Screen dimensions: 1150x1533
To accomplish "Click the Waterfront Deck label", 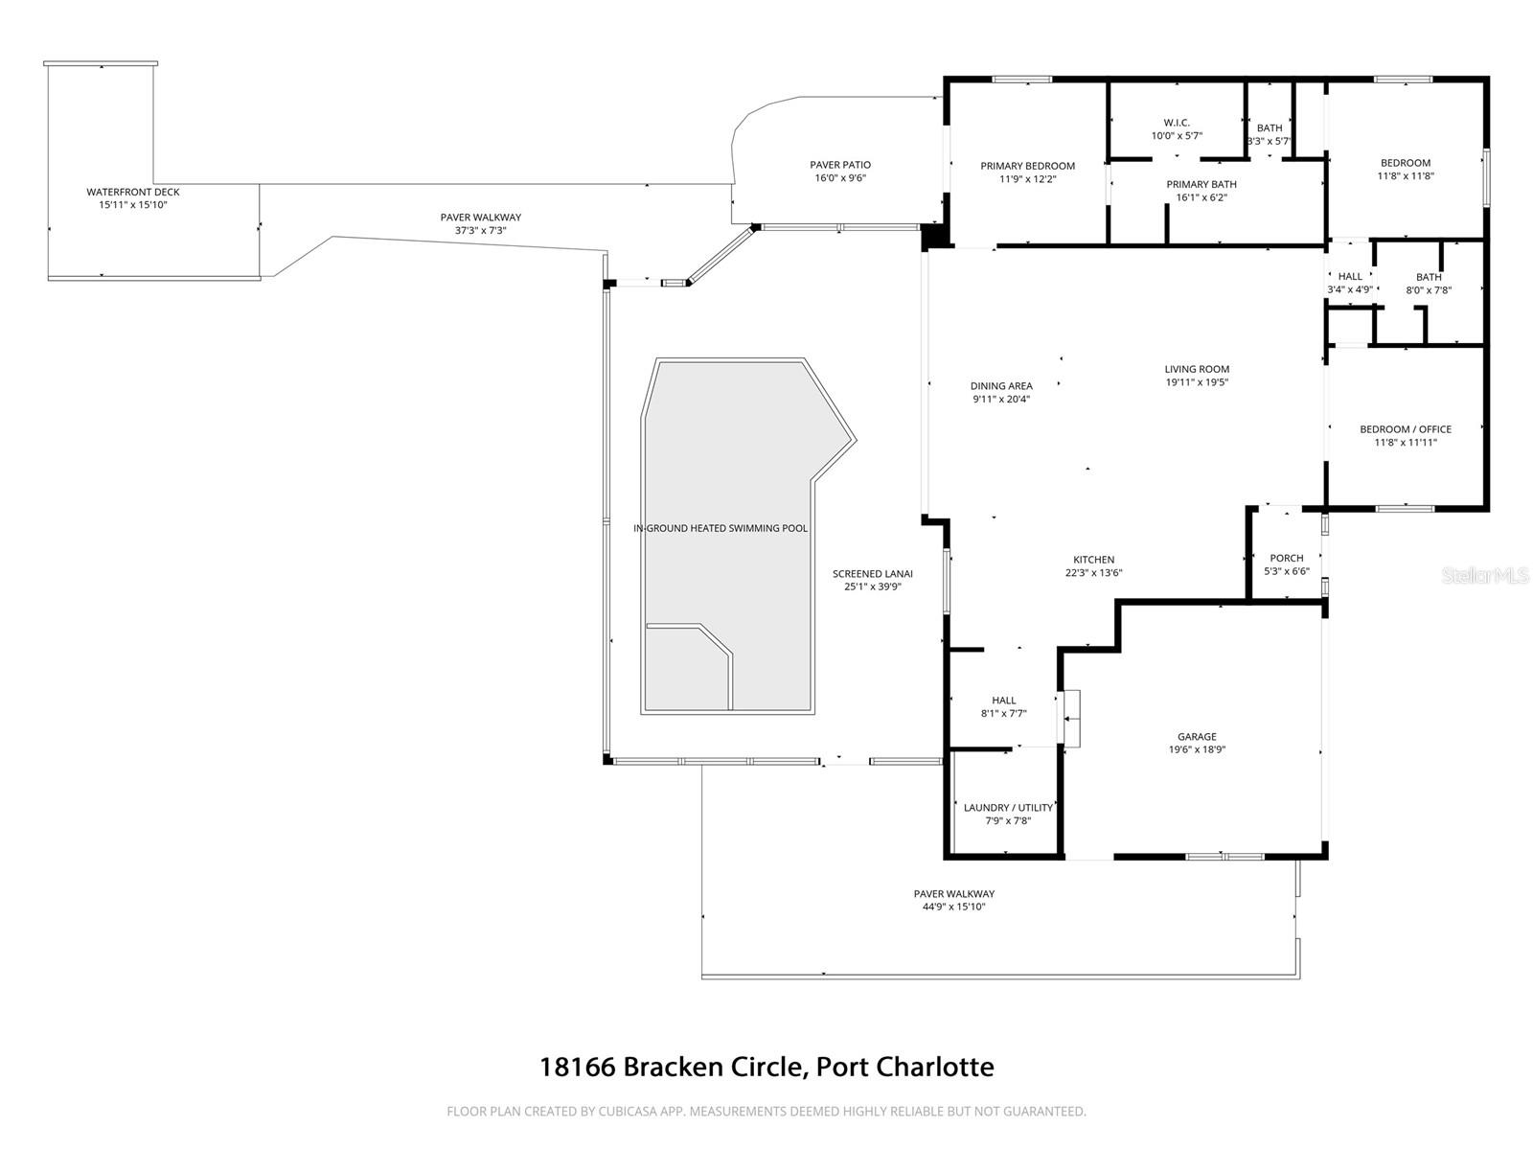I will (133, 192).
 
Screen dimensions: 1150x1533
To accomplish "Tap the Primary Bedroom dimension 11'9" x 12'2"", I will (1027, 179).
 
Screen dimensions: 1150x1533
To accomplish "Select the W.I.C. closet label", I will (1177, 123).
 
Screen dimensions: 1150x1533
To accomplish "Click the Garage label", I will (1197, 737).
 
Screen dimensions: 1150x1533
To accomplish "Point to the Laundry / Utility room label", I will (1008, 808).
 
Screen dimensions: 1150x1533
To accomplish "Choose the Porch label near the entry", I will (1286, 558).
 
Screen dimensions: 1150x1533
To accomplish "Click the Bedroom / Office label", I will (1406, 429).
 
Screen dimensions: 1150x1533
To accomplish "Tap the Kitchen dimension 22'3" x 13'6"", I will (1093, 573).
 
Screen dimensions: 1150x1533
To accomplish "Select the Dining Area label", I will (1001, 386).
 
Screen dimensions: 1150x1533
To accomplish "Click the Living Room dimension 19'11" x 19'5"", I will (1197, 382).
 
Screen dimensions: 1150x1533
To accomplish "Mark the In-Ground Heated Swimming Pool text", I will (721, 528).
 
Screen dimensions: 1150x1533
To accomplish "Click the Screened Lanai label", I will (872, 574).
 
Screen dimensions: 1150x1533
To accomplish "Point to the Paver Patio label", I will (840, 165).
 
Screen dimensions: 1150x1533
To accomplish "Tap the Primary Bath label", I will (1201, 184).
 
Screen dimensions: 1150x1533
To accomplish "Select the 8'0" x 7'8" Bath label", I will (1429, 290).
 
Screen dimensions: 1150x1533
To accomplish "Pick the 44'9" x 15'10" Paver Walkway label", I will (953, 907).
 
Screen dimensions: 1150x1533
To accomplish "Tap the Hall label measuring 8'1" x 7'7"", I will (1003, 701).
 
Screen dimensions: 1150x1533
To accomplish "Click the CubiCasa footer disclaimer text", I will (766, 1112).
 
